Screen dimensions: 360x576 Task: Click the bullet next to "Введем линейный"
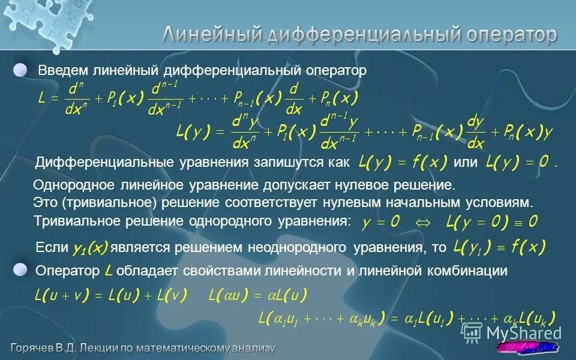click(x=21, y=70)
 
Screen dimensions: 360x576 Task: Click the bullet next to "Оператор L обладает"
click(x=21, y=271)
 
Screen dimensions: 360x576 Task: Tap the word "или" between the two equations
click(x=466, y=163)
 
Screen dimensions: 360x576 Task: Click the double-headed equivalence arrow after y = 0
click(x=423, y=222)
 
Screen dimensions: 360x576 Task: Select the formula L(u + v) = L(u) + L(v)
click(x=112, y=295)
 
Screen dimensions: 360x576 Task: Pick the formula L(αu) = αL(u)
click(x=257, y=295)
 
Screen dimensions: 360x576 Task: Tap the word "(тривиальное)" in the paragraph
click(x=97, y=203)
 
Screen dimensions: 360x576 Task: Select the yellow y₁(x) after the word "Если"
click(x=90, y=248)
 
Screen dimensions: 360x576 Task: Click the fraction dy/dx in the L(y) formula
click(x=476, y=132)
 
